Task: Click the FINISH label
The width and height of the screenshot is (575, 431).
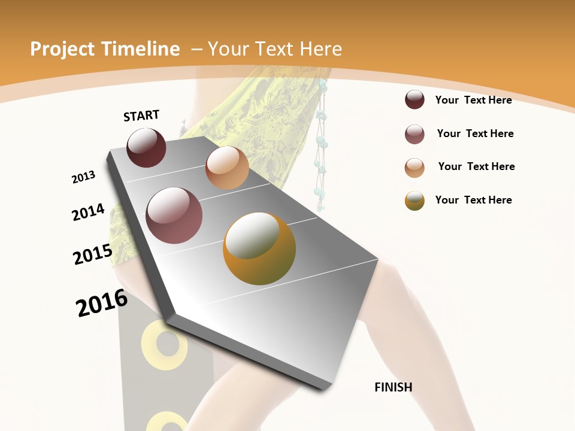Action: (x=393, y=387)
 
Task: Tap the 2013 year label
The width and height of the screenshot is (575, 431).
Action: (x=83, y=177)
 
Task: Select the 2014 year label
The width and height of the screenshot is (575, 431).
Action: (x=88, y=213)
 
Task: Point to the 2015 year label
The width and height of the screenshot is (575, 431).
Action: (x=93, y=254)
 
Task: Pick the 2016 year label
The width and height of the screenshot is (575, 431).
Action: (x=102, y=303)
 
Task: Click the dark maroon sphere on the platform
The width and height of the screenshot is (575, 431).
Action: (x=146, y=147)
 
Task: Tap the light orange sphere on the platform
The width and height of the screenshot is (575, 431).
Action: (x=227, y=168)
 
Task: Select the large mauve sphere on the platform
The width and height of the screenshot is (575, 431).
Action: (x=174, y=215)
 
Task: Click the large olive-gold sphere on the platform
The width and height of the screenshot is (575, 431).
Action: (x=259, y=248)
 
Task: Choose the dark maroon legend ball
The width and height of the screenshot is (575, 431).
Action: (x=414, y=100)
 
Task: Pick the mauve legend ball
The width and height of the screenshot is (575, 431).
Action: (x=414, y=134)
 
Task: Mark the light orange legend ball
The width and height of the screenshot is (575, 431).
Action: (x=414, y=167)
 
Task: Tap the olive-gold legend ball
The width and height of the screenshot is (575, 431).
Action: (x=414, y=201)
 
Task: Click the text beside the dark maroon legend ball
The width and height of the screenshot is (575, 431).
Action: (x=473, y=100)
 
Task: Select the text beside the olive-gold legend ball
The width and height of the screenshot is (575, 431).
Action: (x=473, y=200)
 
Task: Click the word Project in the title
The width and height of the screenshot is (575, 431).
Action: (x=62, y=49)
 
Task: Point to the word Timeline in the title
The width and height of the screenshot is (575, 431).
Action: (x=141, y=49)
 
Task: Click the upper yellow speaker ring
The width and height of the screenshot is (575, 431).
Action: (x=161, y=345)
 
